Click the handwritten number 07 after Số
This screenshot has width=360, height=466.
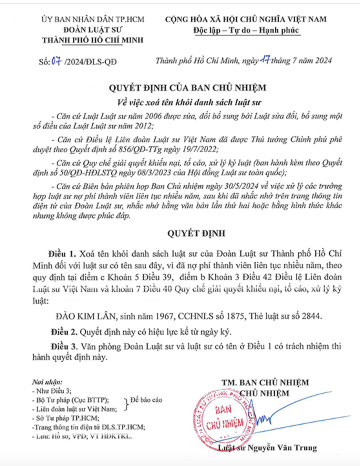(57, 61)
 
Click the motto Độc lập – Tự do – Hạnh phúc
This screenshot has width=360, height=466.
(246, 30)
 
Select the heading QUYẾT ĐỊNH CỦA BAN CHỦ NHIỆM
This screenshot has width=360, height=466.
(187, 88)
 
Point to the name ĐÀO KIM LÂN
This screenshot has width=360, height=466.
(85, 316)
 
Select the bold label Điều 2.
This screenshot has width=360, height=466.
(64, 332)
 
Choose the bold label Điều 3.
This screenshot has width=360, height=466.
(64, 347)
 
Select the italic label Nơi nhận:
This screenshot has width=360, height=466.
(47, 382)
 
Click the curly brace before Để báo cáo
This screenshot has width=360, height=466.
(126, 404)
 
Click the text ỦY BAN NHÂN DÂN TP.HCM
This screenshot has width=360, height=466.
(92, 19)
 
